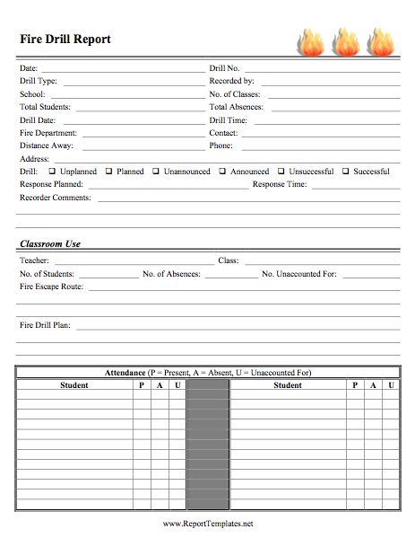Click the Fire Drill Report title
pyautogui.click(x=65, y=40)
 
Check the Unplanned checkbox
pyautogui.click(x=52, y=171)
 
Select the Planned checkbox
pyautogui.click(x=108, y=171)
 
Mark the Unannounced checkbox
pyautogui.click(x=156, y=171)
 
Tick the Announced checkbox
pyautogui.click(x=222, y=171)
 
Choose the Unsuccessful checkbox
pyautogui.click(x=281, y=171)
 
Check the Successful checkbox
pyautogui.click(x=345, y=171)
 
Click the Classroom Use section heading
pyautogui.click(x=50, y=243)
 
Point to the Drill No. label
pyautogui.click(x=224, y=68)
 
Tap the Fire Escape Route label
pyautogui.click(x=52, y=287)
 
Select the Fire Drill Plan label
pyautogui.click(x=45, y=325)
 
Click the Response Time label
pyautogui.click(x=280, y=184)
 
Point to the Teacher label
pyautogui.click(x=35, y=260)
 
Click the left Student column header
pyautogui.click(x=74, y=385)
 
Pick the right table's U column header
pyautogui.click(x=391, y=385)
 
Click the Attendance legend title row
pyautogui.click(x=208, y=373)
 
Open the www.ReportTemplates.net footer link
pyautogui.click(x=208, y=523)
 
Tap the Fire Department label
pyautogui.click(x=48, y=133)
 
